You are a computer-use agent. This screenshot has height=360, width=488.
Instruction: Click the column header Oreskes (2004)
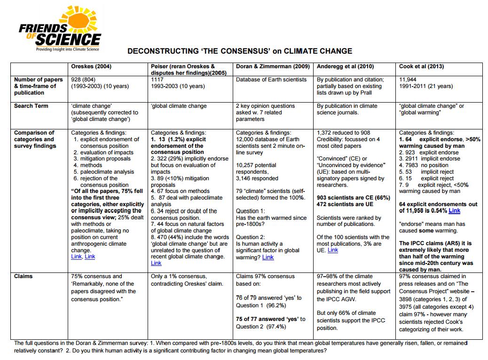click(91, 67)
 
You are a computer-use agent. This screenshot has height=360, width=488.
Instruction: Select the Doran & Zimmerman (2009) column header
click(273, 67)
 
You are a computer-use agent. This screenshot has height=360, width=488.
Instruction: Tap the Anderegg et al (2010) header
click(346, 67)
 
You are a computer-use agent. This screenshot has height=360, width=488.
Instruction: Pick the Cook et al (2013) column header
click(421, 67)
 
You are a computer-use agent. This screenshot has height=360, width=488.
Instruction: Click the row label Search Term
click(31, 106)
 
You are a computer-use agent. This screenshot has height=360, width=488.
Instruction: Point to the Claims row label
click(24, 276)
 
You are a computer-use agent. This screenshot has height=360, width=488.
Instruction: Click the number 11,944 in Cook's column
click(408, 80)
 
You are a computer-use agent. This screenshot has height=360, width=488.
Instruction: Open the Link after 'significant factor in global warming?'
click(268, 257)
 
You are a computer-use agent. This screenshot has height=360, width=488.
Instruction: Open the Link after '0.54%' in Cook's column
click(454, 211)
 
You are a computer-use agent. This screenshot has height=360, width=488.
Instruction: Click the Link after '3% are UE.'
click(333, 250)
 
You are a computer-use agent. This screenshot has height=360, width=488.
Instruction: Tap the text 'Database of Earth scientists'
click(271, 80)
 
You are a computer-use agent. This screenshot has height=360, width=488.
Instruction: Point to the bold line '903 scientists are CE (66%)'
click(353, 198)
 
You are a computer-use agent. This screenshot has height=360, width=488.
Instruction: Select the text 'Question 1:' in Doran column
click(251, 211)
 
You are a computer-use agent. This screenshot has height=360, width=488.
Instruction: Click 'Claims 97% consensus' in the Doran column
click(265, 276)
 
